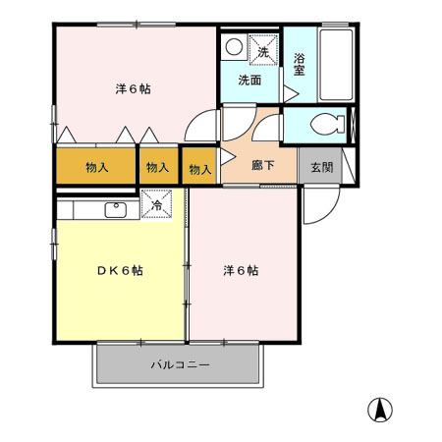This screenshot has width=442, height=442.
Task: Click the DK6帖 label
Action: click(120, 270)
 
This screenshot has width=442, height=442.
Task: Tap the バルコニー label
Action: click(180, 364)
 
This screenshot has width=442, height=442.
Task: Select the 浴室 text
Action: click(300, 64)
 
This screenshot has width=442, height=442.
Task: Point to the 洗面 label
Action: click(249, 81)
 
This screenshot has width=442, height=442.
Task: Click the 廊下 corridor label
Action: click(261, 167)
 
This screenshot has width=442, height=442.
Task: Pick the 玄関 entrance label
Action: click(321, 167)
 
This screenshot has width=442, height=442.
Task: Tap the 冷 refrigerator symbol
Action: click(158, 206)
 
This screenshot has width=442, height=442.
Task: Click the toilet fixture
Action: click(325, 125)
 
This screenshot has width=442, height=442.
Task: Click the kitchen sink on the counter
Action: click(114, 207)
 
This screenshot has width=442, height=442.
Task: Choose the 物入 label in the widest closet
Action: click(95, 167)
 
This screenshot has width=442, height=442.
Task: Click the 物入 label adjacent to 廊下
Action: click(200, 169)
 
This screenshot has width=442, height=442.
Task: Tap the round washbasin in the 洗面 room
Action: click(234, 46)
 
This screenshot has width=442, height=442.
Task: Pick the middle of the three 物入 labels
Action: click(157, 167)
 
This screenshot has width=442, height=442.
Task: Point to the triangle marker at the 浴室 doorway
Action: click(291, 92)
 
